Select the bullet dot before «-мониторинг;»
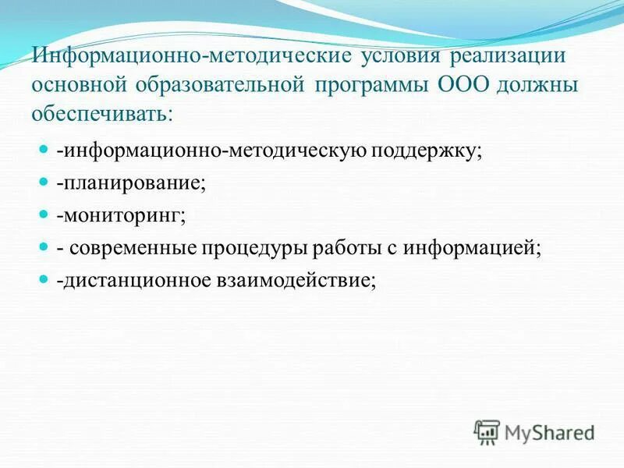44,213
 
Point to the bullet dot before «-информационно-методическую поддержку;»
44,148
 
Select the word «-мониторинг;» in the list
121,214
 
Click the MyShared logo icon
487,431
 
